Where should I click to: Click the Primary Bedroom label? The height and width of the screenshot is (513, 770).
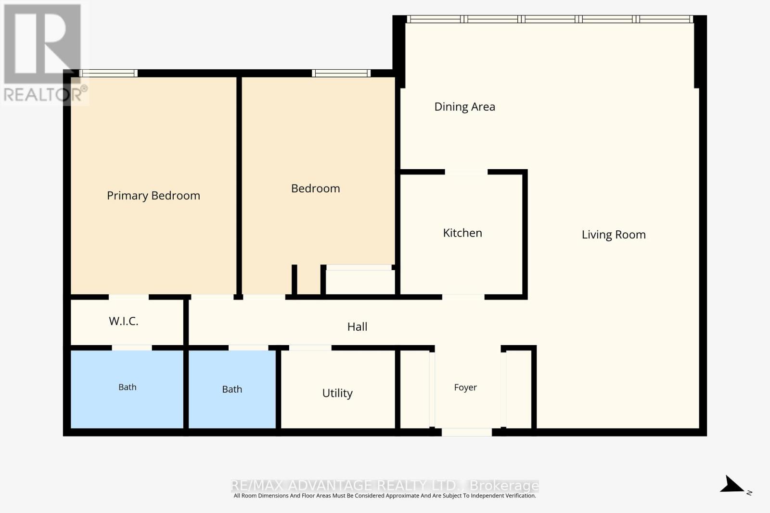(154, 196)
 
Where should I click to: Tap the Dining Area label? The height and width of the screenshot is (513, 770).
(465, 107)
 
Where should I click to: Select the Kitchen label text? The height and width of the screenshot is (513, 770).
(462, 233)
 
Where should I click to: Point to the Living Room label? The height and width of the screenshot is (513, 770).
(614, 235)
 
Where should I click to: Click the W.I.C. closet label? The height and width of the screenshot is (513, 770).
(123, 321)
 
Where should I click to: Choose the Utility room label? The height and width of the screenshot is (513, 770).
(337, 393)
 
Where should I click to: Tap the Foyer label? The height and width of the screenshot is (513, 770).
(465, 388)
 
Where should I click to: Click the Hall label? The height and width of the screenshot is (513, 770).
(357, 326)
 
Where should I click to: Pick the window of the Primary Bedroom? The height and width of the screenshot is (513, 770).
(108, 73)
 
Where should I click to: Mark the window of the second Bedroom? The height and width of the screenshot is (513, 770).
(341, 73)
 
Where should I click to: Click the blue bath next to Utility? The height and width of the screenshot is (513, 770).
(232, 389)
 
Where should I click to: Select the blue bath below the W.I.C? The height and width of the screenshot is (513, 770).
(127, 389)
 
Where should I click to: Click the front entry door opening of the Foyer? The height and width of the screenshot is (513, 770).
(466, 432)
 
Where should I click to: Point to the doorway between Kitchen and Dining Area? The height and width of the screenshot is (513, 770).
(466, 172)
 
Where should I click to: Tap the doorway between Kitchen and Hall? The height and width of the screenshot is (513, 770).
(463, 297)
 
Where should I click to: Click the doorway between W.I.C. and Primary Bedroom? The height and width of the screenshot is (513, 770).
(128, 297)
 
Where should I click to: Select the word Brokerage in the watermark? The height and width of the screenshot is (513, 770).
(504, 486)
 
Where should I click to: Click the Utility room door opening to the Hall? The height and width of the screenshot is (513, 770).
(310, 348)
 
